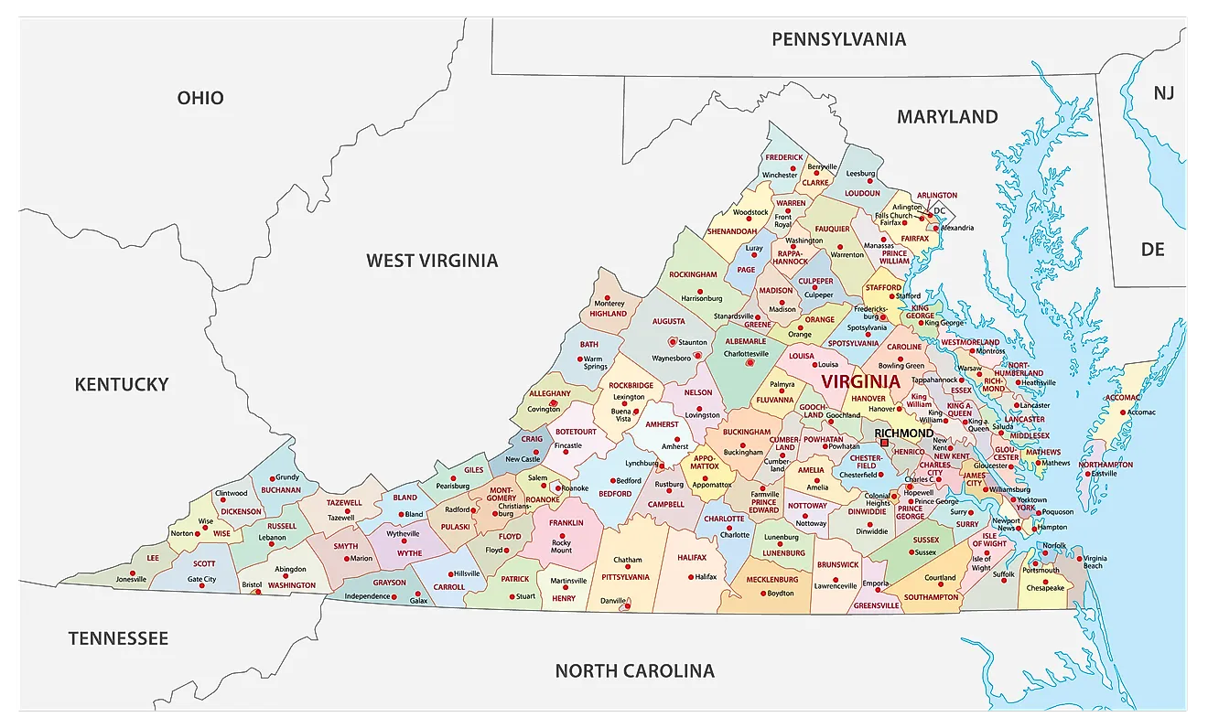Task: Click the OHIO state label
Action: tap(200, 98)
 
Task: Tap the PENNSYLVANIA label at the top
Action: tap(838, 39)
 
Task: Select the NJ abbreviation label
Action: tap(1163, 93)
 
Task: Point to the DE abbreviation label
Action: tap(1152, 249)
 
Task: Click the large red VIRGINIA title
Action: tap(860, 381)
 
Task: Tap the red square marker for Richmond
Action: tap(884, 444)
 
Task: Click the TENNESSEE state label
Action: tap(118, 638)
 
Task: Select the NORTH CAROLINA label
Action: tap(634, 671)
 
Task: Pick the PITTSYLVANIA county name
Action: tap(625, 577)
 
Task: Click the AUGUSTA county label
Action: tap(668, 322)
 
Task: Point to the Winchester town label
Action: tap(780, 175)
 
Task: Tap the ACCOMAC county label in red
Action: tap(1123, 398)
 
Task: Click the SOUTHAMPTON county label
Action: tap(931, 597)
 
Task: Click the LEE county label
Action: tap(153, 557)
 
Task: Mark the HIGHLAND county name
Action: tap(608, 314)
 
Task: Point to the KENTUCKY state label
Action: tap(122, 384)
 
